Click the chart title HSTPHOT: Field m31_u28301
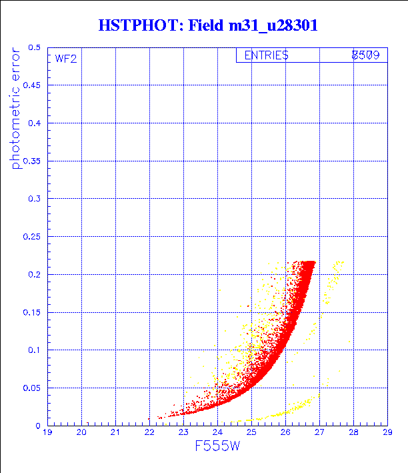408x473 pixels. (x=208, y=25)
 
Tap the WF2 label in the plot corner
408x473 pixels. (x=65, y=59)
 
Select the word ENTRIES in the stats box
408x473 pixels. (x=266, y=56)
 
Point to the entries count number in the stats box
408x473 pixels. (x=365, y=56)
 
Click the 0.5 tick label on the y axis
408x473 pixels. (x=34, y=48)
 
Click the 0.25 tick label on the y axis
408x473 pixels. (x=31, y=237)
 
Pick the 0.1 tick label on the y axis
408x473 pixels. (x=34, y=350)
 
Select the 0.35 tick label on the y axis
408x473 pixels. (x=31, y=161)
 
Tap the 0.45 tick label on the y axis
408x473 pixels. (x=31, y=86)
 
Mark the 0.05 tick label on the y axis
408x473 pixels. (x=31, y=388)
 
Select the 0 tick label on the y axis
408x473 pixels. (x=38, y=426)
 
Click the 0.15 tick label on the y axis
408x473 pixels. (x=31, y=312)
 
